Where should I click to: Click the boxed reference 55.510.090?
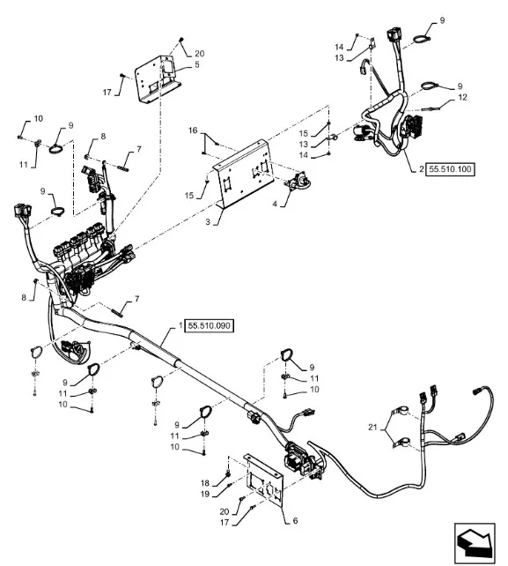click(x=210, y=325)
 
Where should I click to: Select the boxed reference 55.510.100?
click(x=450, y=169)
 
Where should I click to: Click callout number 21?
click(x=372, y=427)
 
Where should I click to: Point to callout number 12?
click(x=462, y=97)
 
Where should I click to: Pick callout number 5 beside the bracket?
click(x=197, y=64)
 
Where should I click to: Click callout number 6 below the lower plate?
click(x=295, y=520)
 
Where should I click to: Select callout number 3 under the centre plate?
click(x=208, y=221)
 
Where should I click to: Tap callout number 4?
click(x=275, y=204)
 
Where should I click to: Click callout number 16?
click(x=193, y=130)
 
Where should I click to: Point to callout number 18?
click(x=205, y=483)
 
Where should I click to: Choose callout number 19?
click(x=205, y=494)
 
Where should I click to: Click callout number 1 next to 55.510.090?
click(x=180, y=325)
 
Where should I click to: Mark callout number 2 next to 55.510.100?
click(x=421, y=169)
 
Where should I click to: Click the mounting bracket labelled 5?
click(x=157, y=80)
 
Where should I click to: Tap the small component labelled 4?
click(x=298, y=182)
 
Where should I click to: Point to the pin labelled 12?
click(x=429, y=108)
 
